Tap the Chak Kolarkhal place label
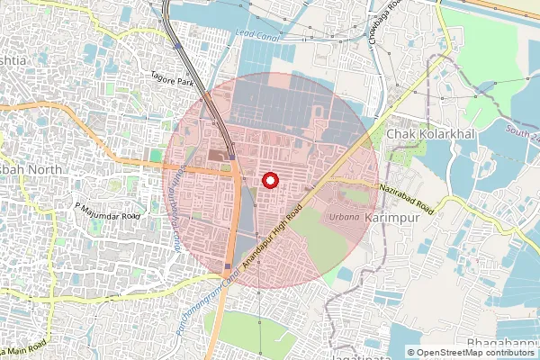[431, 133]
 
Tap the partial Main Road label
[25, 347]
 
